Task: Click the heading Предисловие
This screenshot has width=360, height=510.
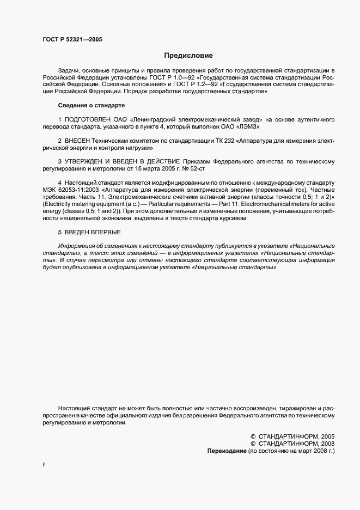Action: coord(188,56)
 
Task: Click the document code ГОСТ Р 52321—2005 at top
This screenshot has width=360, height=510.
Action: coord(72,40)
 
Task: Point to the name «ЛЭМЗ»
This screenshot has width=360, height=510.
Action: coord(248,126)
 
